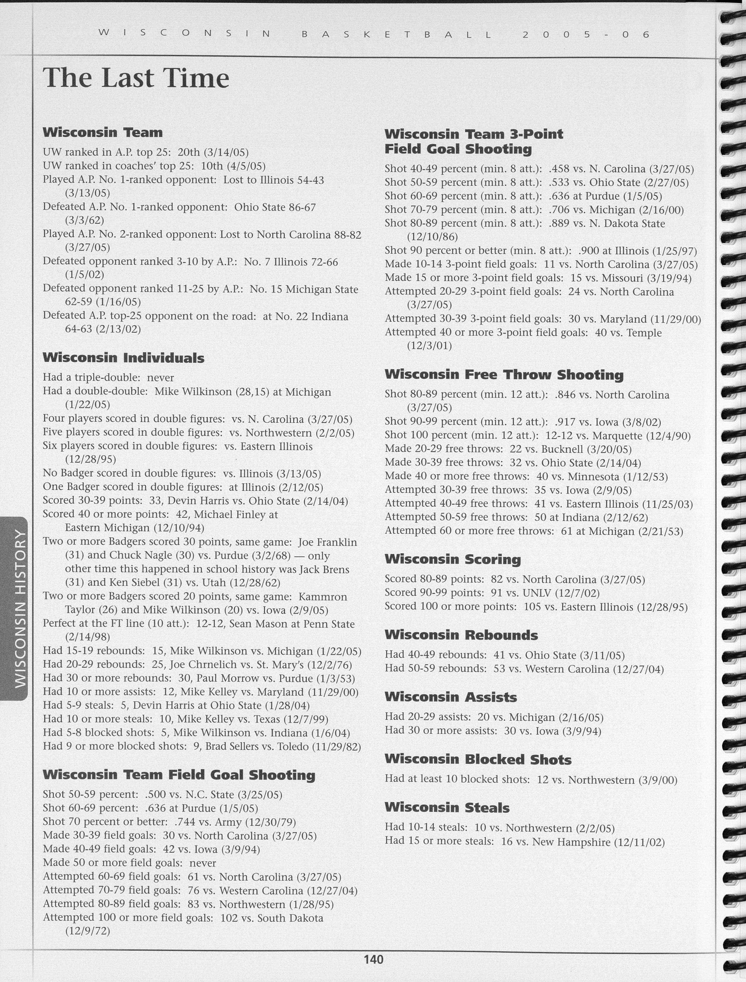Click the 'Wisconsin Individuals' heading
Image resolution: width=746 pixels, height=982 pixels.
pyautogui.click(x=124, y=358)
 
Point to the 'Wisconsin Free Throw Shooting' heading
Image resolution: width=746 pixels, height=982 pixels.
pyautogui.click(x=504, y=375)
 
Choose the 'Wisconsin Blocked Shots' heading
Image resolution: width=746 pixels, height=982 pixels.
pyautogui.click(x=478, y=759)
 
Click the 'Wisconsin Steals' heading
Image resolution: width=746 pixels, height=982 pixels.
pyautogui.click(x=447, y=808)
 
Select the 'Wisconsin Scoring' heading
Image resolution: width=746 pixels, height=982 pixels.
pyautogui.click(x=453, y=559)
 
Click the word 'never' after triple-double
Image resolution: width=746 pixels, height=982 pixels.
pyautogui.click(x=161, y=378)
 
